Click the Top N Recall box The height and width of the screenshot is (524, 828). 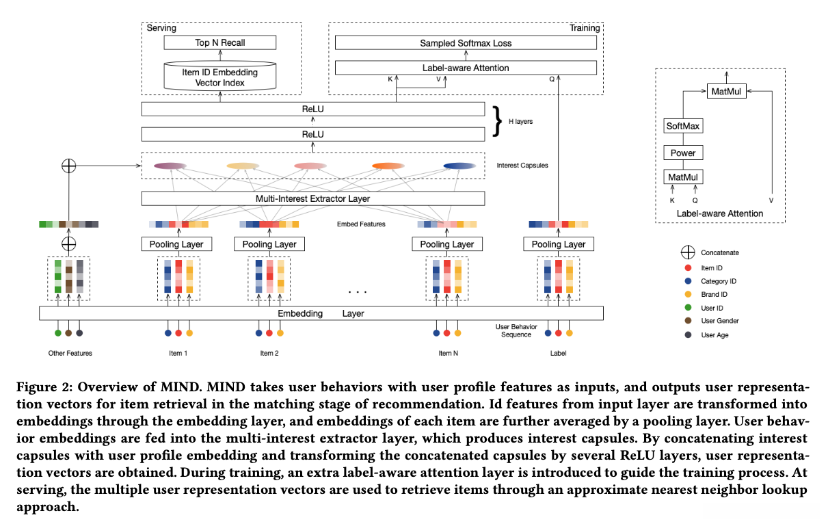point(219,42)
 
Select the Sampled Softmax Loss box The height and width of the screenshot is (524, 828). point(465,43)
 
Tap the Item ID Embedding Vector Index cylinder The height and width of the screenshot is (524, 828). point(219,78)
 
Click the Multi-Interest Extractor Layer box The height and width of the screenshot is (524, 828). point(312,198)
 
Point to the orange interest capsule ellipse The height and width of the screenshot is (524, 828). point(389,166)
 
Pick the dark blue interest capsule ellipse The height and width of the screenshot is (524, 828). point(459,166)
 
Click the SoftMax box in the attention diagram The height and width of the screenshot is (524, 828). point(683,126)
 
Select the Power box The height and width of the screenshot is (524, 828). point(683,153)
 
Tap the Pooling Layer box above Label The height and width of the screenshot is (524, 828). point(559,244)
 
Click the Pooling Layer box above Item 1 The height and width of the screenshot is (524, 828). point(176,244)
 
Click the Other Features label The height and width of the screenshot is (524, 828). point(70,353)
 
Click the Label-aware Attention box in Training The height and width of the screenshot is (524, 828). point(465,68)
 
